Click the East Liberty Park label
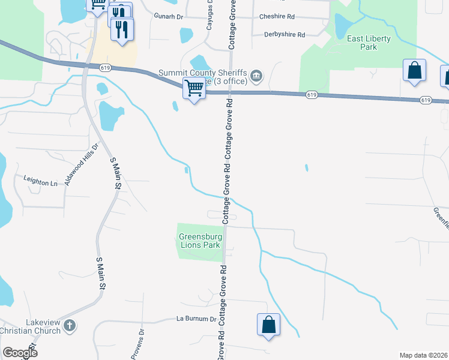369,43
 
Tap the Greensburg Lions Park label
200,241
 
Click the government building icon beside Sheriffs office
256,74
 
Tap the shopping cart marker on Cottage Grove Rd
194,88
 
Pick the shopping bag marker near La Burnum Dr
268,325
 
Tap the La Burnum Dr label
196,319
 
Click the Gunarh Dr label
167,17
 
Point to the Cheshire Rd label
277,17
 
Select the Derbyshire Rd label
285,34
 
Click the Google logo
19,353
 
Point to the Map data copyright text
424,355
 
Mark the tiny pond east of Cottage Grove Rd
306,168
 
